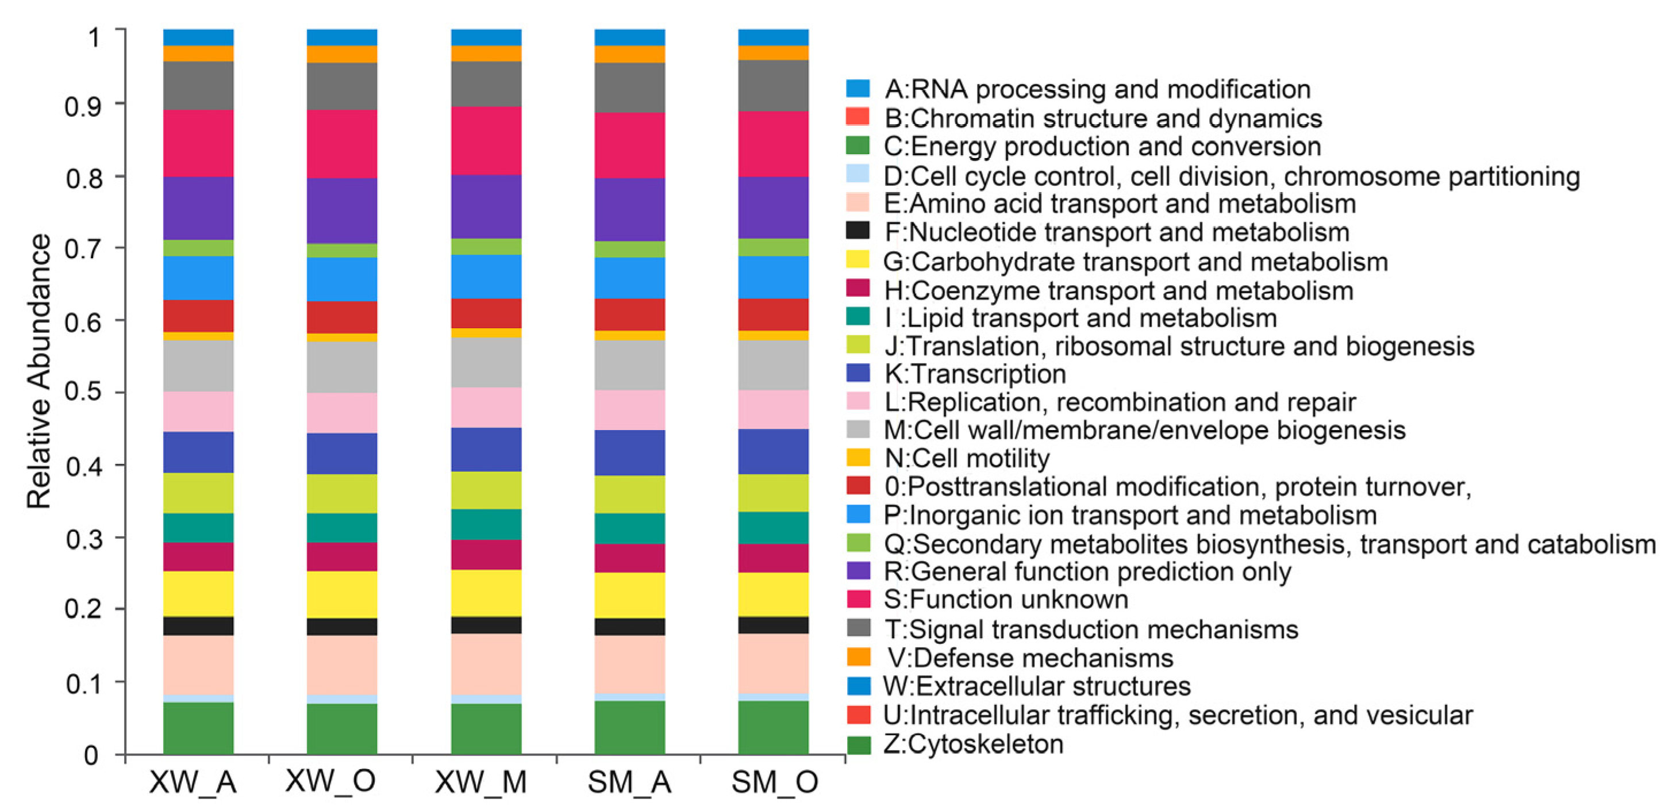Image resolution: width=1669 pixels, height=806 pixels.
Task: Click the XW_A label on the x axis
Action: tap(193, 782)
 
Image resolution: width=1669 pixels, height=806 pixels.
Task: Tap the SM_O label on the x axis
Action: tap(774, 782)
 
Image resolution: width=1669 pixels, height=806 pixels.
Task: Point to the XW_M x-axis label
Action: tap(480, 782)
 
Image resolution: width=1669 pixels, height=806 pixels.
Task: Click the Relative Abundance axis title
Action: tap(39, 371)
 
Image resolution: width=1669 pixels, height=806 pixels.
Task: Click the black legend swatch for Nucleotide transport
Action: tap(858, 231)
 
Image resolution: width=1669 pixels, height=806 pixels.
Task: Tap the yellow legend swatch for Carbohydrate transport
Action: tap(858, 260)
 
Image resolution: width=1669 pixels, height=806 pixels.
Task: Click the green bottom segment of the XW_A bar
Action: tap(198, 728)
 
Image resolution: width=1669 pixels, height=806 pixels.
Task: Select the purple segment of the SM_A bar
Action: tap(630, 209)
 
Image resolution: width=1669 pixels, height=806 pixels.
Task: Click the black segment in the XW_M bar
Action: tap(486, 624)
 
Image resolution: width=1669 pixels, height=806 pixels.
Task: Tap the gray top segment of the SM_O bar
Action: tap(774, 86)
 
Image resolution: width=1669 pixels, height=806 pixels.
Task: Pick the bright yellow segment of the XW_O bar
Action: tap(342, 594)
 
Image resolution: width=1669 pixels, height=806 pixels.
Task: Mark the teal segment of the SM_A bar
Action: tap(630, 528)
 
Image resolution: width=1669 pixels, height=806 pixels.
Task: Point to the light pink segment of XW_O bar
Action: tap(342, 412)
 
